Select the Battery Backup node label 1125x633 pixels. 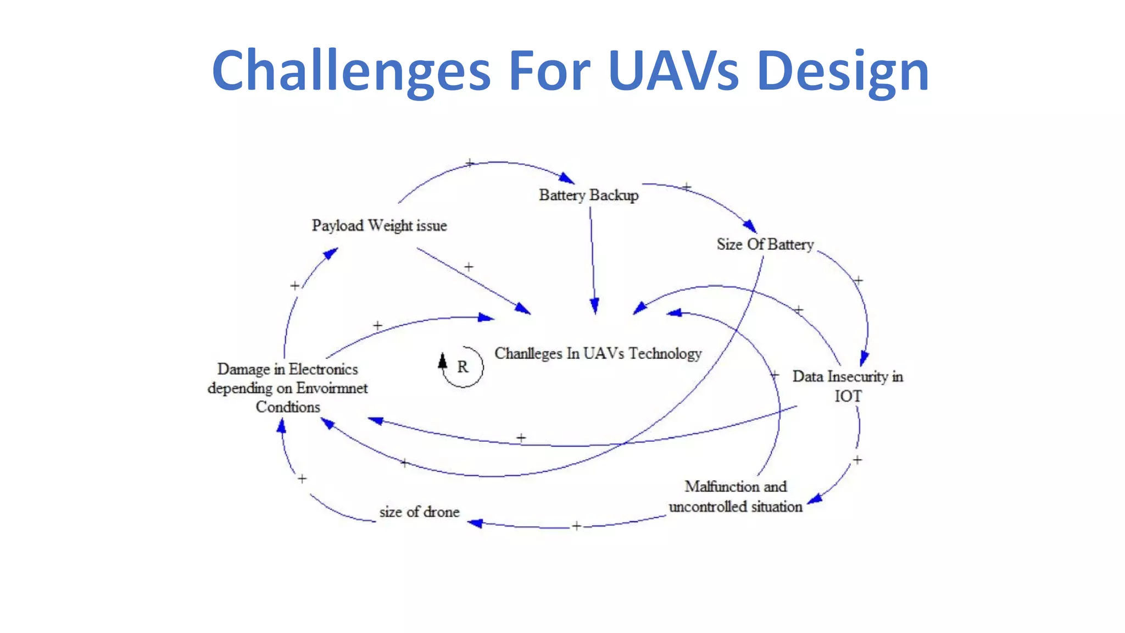[588, 195]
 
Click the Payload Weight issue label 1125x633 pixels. [379, 225]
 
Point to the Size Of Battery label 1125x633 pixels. [765, 244]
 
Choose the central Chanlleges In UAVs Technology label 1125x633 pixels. [598, 353]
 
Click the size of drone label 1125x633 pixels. [419, 512]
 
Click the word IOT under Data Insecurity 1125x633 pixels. [848, 396]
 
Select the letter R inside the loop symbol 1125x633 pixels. [463, 367]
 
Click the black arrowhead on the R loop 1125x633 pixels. [442, 361]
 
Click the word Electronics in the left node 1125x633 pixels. [323, 369]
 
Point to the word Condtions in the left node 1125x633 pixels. [287, 407]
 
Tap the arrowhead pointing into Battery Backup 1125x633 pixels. [567, 178]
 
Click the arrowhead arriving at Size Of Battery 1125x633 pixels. [750, 225]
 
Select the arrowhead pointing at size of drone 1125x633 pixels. [475, 523]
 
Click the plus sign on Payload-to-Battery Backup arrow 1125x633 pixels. [469, 163]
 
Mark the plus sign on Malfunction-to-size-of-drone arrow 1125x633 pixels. [576, 526]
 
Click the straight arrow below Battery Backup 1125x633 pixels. [592, 258]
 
